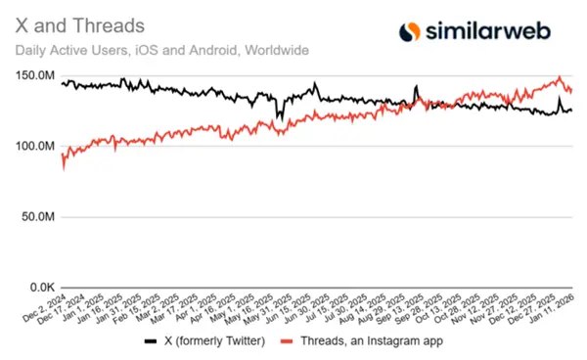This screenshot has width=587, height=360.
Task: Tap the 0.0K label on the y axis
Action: tap(42, 288)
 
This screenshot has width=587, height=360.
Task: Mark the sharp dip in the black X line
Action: tap(280, 117)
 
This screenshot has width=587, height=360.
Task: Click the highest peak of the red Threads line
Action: tap(559, 77)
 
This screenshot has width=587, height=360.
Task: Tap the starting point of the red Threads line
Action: tap(62, 166)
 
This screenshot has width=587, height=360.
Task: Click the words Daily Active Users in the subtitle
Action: tap(62, 48)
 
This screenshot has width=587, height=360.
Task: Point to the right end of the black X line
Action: tap(572, 110)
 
